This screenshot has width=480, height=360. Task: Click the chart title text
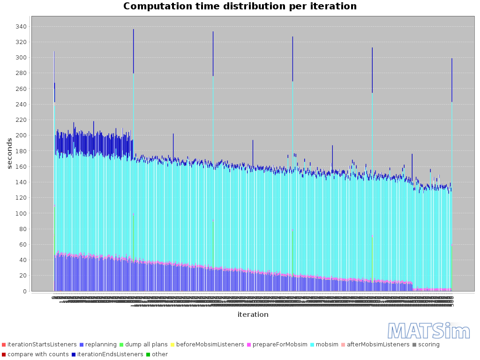(x=240, y=7)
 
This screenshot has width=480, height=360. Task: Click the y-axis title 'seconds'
(x=10, y=153)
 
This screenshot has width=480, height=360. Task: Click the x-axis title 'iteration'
(x=253, y=315)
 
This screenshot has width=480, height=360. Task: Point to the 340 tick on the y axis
(x=20, y=27)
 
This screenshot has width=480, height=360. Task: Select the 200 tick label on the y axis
(x=20, y=135)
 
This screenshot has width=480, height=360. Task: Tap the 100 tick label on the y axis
(x=20, y=213)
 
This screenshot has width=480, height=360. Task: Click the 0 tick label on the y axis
(x=24, y=291)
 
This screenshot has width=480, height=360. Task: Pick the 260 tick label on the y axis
(x=20, y=89)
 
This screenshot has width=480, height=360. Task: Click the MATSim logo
(x=422, y=331)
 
